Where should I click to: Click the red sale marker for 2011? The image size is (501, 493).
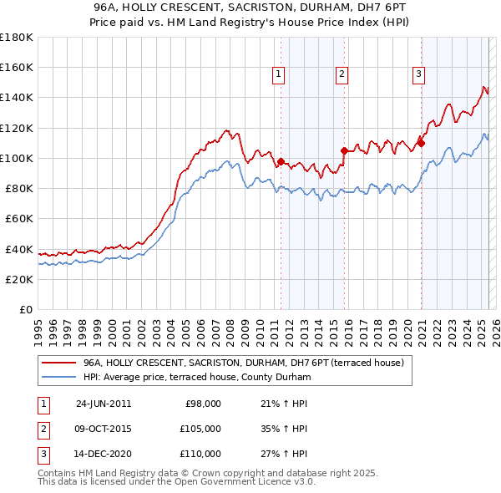point(281,161)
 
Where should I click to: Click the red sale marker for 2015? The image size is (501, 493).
point(345,150)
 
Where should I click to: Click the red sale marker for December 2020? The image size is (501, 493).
point(422,143)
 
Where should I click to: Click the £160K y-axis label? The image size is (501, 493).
point(17,67)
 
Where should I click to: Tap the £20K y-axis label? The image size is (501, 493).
point(19,279)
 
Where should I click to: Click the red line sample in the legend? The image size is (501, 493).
point(58,363)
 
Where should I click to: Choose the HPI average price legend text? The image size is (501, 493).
point(197,378)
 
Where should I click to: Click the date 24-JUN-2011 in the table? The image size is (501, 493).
point(104,404)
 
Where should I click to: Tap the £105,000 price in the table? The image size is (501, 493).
point(201,429)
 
